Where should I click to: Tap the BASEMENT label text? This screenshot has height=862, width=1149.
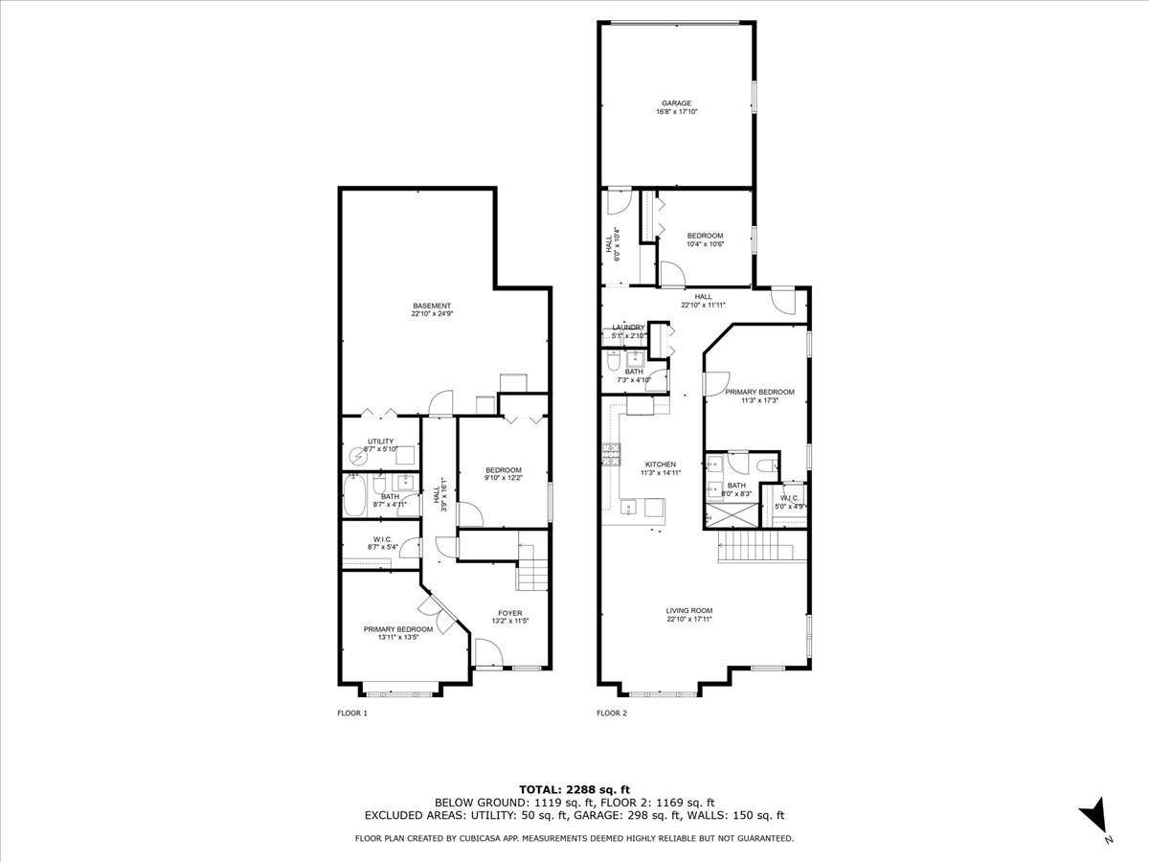(x=431, y=306)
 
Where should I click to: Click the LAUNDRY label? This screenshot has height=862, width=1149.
(x=629, y=328)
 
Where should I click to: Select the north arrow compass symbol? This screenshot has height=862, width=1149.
(x=1094, y=818)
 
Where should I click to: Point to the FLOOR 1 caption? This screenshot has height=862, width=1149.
(x=352, y=713)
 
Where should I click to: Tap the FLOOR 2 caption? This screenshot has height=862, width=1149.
(x=612, y=713)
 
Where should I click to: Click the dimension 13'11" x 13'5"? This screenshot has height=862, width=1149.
(x=397, y=637)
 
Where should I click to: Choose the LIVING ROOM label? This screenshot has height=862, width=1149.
(x=689, y=610)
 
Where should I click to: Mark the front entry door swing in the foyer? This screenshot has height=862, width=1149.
(x=488, y=656)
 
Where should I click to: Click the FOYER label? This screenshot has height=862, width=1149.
(x=509, y=613)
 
